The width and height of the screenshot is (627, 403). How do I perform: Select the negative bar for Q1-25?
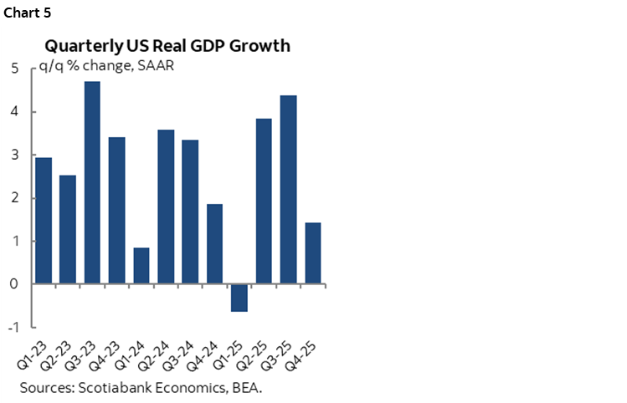coord(239,298)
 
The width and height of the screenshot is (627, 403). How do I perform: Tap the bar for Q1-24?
coord(141,266)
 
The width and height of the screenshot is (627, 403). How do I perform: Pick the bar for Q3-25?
coord(288,190)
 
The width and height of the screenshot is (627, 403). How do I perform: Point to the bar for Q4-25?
coord(312,253)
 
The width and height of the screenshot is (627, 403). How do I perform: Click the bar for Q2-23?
coord(68,230)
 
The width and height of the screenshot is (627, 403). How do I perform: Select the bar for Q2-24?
coord(166,207)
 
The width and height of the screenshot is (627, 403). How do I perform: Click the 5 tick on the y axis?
coord(15,69)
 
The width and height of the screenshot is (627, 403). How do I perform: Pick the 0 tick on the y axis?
coord(15,284)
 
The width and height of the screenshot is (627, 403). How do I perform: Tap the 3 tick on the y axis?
coord(15,156)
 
